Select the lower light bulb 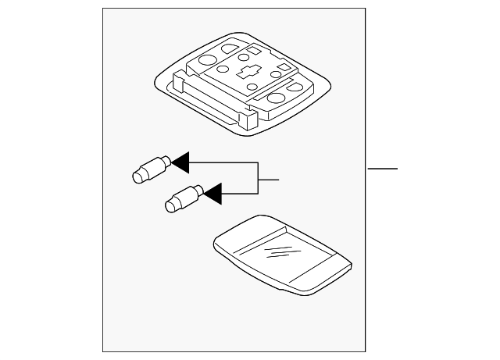184,197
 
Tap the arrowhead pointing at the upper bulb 180,162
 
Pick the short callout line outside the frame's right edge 383,169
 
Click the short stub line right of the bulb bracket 268,180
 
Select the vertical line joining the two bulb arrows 258,176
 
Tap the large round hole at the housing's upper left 207,59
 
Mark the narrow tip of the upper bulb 136,175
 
